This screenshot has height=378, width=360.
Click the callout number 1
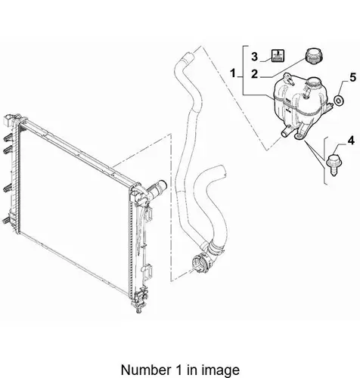[x=233, y=73]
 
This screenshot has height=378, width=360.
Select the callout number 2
[x=254, y=74]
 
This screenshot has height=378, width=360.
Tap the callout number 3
[x=254, y=57]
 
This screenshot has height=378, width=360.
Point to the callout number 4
[x=351, y=141]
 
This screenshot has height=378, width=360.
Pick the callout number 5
[x=352, y=77]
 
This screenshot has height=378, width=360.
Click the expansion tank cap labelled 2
[x=314, y=57]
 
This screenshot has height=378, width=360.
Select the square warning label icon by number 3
[x=278, y=55]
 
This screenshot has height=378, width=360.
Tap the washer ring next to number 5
[x=339, y=101]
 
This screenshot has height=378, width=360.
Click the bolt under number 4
[x=333, y=165]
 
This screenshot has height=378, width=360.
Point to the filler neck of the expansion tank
[x=315, y=83]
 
